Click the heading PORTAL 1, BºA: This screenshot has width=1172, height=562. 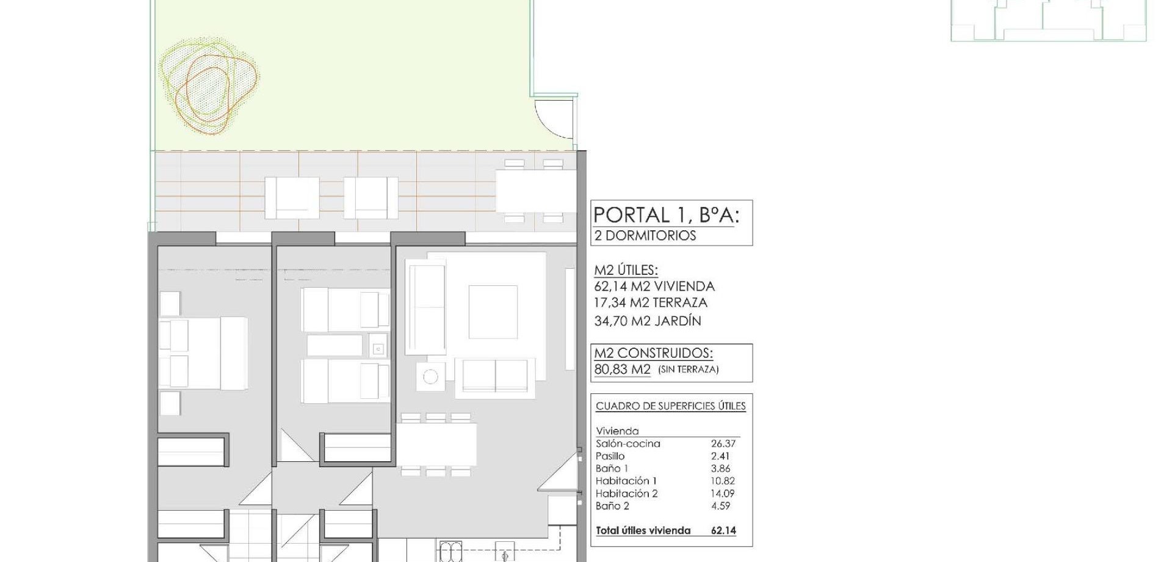pos(666,215)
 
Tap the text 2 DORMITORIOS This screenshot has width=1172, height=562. pos(645,235)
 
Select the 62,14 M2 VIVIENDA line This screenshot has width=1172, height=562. pos(654,286)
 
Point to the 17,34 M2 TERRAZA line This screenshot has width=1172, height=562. pos(651,302)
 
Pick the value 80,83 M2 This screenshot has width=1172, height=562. pos(623,370)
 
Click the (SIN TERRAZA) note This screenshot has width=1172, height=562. pos(689,370)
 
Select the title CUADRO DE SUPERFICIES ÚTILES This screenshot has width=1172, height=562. pos(671,406)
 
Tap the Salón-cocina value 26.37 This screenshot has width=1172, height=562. pos(723,444)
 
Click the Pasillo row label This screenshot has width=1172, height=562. pos(610,456)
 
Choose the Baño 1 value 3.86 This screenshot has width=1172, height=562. pos(721,469)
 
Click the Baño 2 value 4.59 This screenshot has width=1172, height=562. pos(721,506)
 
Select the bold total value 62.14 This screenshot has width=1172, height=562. pos(724,531)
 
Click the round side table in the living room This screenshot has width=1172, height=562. pos(430,377)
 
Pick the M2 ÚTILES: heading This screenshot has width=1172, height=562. pos(626,270)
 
